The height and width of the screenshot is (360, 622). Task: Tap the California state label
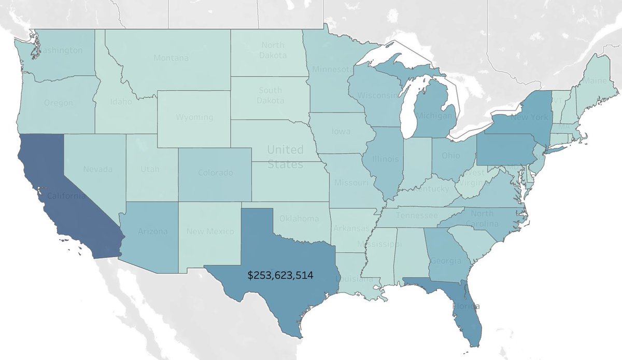click(x=66, y=196)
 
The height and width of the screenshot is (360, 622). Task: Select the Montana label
click(x=171, y=58)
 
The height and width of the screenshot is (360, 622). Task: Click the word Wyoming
click(x=194, y=117)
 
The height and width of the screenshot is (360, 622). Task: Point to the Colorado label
click(x=215, y=173)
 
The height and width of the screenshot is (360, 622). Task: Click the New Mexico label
click(x=210, y=231)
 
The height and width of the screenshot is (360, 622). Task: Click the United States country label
click(x=285, y=157)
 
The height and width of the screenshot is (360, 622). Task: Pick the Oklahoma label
click(x=299, y=218)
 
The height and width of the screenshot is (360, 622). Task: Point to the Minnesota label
click(x=332, y=69)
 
